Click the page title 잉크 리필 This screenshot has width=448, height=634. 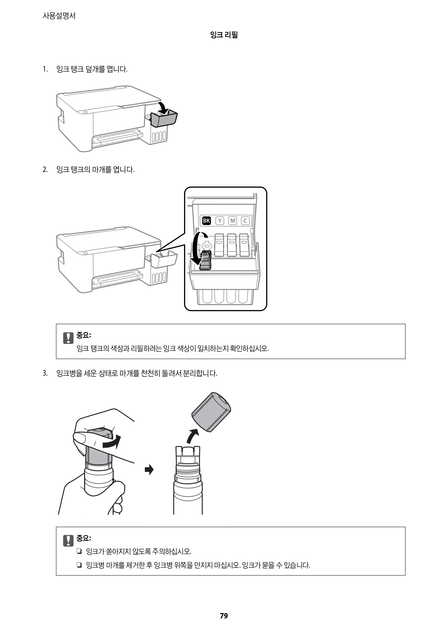click(224, 35)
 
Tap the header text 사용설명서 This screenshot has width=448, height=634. click(59, 16)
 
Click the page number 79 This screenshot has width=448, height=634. click(224, 616)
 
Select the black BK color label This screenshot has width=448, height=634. click(206, 220)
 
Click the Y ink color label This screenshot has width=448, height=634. click(219, 220)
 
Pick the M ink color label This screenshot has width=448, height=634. click(232, 220)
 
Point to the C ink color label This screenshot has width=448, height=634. click(245, 220)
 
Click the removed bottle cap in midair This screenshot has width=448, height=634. click(211, 412)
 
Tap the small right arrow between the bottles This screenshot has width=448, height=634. click(149, 470)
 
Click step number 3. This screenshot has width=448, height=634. click(45, 373)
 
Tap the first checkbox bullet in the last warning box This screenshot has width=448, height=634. click(79, 552)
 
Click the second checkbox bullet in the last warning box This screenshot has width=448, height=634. click(79, 565)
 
